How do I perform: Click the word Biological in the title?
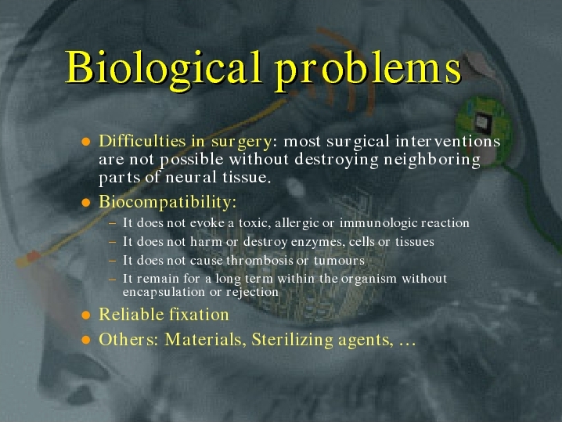[x=163, y=69]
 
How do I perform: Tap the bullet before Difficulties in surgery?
[x=85, y=142]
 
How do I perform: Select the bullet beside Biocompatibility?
[x=85, y=203]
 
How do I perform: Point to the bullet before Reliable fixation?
[x=85, y=316]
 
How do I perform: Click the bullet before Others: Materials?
[x=85, y=340]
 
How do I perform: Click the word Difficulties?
[x=142, y=141]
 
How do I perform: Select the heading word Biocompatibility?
[x=168, y=202]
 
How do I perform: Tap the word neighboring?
[x=432, y=160]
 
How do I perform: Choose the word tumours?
[x=339, y=261]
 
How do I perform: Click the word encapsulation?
[x=164, y=293]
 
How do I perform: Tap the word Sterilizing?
[x=293, y=340]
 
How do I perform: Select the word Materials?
[x=205, y=340]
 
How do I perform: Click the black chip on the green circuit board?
[x=482, y=121]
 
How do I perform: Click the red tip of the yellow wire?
[x=33, y=256]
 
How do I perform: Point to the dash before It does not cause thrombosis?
[x=113, y=261]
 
